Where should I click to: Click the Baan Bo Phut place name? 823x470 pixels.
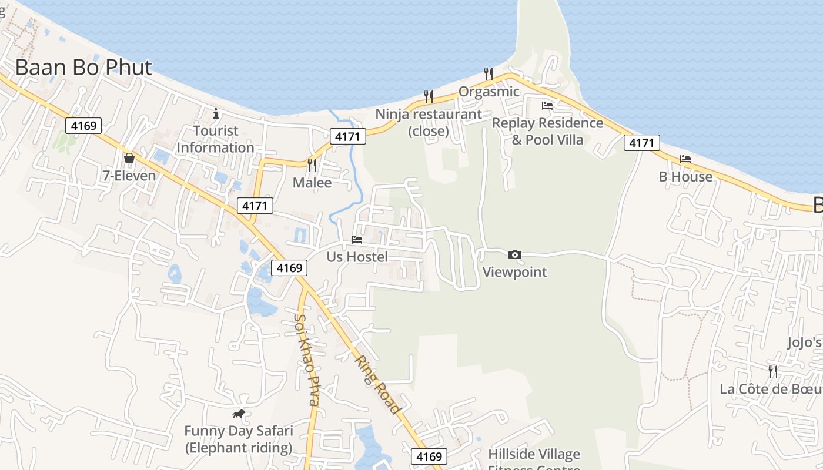click(x=83, y=68)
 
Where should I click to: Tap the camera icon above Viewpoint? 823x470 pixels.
click(x=514, y=254)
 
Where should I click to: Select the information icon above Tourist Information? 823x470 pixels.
click(x=216, y=113)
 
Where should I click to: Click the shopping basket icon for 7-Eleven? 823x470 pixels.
click(x=129, y=158)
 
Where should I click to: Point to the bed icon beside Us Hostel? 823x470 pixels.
click(x=357, y=240)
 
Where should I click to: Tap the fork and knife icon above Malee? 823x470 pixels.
click(x=312, y=164)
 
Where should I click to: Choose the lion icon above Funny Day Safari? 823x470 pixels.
click(x=239, y=414)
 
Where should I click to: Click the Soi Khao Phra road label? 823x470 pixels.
click(x=307, y=360)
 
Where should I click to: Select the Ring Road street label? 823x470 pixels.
click(x=377, y=385)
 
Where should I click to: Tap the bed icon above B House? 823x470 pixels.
click(x=685, y=159)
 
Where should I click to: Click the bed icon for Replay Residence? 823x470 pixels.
click(x=547, y=106)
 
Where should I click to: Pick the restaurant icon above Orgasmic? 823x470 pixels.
click(x=489, y=74)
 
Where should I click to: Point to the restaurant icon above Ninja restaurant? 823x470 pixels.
click(x=429, y=96)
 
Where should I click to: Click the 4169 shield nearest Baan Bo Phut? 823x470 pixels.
click(x=83, y=125)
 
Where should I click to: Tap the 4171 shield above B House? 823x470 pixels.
click(x=642, y=143)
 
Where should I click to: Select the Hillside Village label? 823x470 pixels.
click(x=534, y=454)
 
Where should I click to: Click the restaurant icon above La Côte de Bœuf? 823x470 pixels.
click(x=773, y=371)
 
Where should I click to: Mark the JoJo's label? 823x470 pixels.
click(x=804, y=343)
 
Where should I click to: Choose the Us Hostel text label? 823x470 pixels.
click(x=357, y=257)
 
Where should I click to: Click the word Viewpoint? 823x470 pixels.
click(x=514, y=272)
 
